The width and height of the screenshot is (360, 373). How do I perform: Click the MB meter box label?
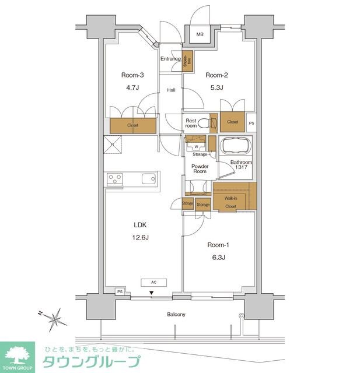coord(200,34)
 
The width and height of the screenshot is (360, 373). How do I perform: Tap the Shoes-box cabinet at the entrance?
coord(187,61)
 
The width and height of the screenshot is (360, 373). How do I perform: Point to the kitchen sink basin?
coord(149,179)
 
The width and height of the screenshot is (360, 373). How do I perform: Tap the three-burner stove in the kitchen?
coord(115,180)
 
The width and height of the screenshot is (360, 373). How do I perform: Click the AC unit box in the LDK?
coord(154,282)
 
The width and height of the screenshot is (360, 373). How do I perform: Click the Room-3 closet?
coord(133,125)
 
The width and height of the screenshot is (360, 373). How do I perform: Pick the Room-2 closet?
coord(232,122)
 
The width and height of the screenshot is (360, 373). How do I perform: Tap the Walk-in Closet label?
coord(230,202)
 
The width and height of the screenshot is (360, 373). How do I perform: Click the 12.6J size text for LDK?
coord(141,237)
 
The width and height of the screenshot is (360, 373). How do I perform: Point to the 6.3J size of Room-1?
coord(218,258)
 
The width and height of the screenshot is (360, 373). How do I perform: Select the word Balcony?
coord(176,315)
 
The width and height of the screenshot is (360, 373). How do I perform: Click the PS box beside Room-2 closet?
coord(251,123)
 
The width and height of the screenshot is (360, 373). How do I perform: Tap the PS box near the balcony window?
coord(120,291)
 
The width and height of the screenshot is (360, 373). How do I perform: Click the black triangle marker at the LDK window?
coord(151,293)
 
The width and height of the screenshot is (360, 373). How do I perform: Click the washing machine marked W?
coord(196,146)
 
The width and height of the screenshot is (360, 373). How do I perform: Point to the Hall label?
coord(171,90)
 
